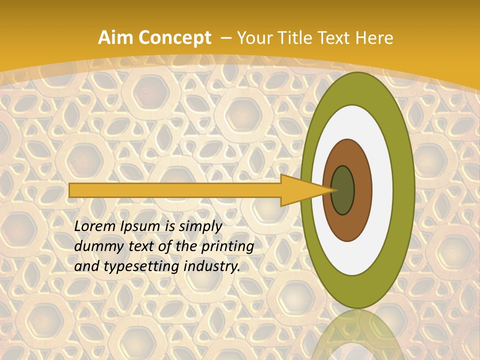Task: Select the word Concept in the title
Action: point(174,38)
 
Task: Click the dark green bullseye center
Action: point(343,190)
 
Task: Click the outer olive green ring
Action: point(404,190)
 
